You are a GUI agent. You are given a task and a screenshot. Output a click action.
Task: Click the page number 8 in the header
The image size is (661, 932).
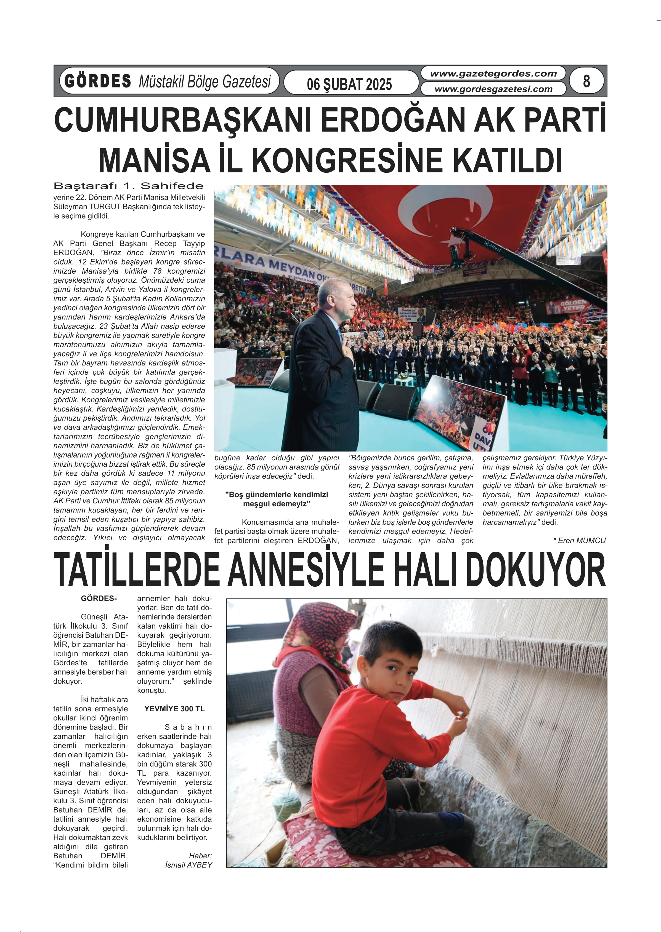coord(586,81)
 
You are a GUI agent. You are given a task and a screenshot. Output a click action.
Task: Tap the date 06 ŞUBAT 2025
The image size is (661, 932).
coord(349,84)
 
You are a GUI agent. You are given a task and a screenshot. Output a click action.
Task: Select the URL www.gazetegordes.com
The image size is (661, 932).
coord(493,74)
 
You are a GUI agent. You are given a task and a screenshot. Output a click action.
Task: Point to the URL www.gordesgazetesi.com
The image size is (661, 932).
coord(493,89)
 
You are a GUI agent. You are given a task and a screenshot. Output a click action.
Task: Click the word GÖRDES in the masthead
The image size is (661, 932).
coord(98,81)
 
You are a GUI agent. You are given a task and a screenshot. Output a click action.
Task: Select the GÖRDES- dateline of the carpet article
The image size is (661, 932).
coord(99,599)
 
